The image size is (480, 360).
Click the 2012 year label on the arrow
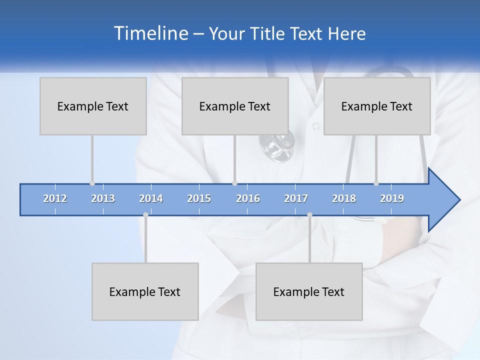[x=55, y=198]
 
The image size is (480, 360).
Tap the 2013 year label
[x=103, y=198]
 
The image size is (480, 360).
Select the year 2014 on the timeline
[x=151, y=198]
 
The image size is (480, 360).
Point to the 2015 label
[x=199, y=198]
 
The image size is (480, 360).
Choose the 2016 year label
[x=248, y=198]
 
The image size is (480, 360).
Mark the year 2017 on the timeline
[x=296, y=198]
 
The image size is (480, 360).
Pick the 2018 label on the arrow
[x=344, y=198]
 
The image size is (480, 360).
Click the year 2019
[x=392, y=198]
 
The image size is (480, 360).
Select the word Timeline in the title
[x=150, y=33]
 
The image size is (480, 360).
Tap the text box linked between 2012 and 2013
[x=93, y=106]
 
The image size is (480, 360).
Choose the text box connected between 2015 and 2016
[x=235, y=106]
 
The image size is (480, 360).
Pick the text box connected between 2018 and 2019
[x=377, y=106]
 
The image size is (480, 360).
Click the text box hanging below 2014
[x=145, y=291]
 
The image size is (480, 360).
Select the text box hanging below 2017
[x=309, y=291]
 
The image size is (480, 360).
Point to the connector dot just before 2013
[x=92, y=183]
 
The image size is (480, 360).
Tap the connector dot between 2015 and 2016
[x=234, y=183]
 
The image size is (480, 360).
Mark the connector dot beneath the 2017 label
[x=309, y=214]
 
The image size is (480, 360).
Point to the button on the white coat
[x=316, y=126]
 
